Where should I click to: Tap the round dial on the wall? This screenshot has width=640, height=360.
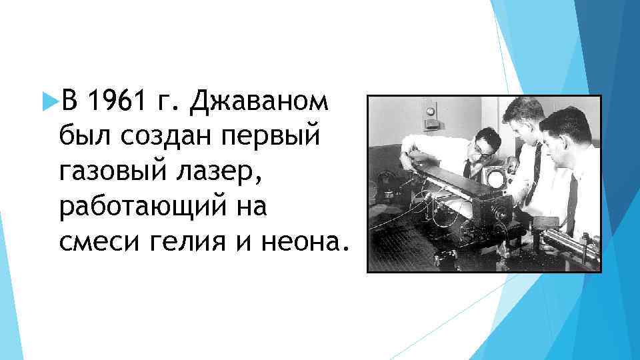coord(430,111)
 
